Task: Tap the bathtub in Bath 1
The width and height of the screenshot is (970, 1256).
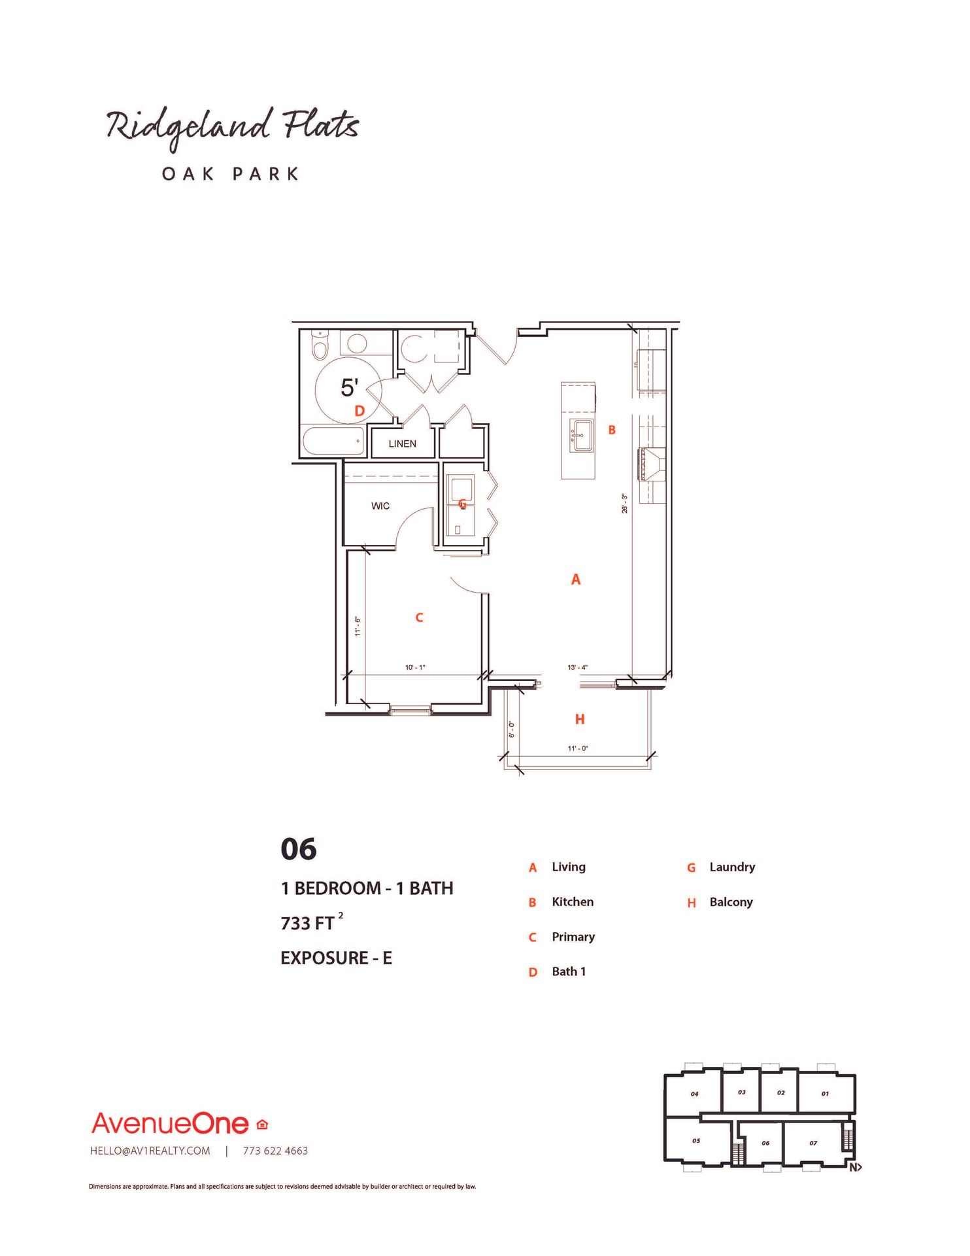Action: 333,442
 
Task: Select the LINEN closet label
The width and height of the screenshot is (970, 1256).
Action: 402,444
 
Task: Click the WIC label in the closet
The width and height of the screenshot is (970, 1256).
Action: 380,506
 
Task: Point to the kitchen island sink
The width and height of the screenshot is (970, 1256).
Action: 581,435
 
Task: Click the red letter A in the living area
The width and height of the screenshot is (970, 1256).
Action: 575,579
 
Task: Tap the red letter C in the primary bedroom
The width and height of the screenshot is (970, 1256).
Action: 419,617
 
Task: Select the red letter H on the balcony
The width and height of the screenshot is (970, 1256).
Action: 579,719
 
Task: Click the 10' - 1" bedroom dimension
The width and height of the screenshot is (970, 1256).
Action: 415,667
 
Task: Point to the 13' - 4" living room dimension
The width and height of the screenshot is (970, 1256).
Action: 577,667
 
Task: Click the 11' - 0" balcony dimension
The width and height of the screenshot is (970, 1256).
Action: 577,748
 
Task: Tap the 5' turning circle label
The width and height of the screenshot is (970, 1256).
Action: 349,388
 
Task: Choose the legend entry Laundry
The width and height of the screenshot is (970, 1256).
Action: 731,867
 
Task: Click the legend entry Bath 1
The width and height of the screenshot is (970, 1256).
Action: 568,971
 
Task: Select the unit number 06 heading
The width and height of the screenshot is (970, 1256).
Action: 299,849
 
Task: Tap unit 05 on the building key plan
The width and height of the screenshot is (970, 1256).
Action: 695,1141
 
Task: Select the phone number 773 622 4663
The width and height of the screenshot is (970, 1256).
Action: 275,1151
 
